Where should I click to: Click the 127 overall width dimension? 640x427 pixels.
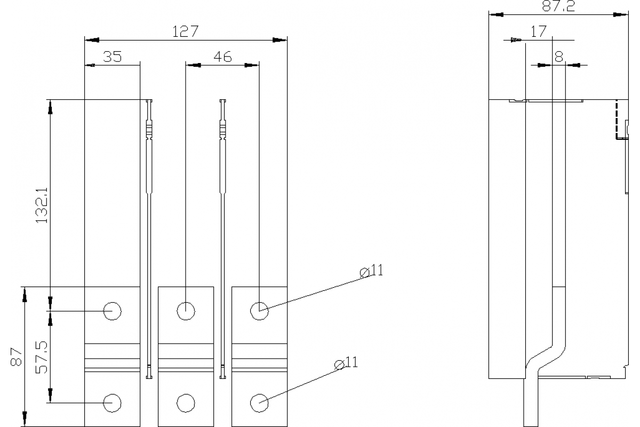[x=185, y=31]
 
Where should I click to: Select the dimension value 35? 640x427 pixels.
[x=113, y=57]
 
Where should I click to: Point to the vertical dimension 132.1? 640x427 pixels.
[x=42, y=205]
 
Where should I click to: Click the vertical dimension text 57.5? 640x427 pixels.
[x=42, y=357]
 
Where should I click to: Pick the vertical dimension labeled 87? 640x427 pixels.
[x=17, y=357]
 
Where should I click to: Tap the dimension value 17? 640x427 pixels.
[x=539, y=31]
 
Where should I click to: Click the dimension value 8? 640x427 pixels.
[x=558, y=57]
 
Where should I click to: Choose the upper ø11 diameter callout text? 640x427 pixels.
[x=372, y=271]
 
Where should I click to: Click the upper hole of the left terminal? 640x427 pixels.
[x=113, y=310]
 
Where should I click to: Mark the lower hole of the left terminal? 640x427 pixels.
[x=113, y=403]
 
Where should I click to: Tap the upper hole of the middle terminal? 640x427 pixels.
[x=186, y=310]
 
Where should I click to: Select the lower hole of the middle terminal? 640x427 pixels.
[x=186, y=403]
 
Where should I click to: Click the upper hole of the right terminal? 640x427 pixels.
[x=259, y=310]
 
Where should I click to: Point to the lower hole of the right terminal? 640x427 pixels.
[x=259, y=403]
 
